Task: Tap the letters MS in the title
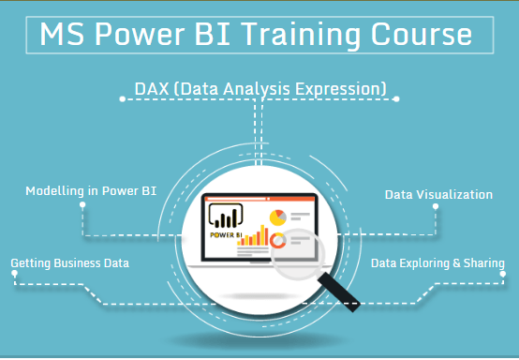[x=64, y=35]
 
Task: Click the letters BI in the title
[x=226, y=35]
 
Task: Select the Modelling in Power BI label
[x=91, y=192]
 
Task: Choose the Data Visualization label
[x=438, y=194]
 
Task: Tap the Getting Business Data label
[x=70, y=263]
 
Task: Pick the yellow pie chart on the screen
[x=278, y=217]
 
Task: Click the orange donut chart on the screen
[x=278, y=242]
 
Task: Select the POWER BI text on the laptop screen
[x=225, y=236]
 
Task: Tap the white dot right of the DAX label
[x=396, y=97]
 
